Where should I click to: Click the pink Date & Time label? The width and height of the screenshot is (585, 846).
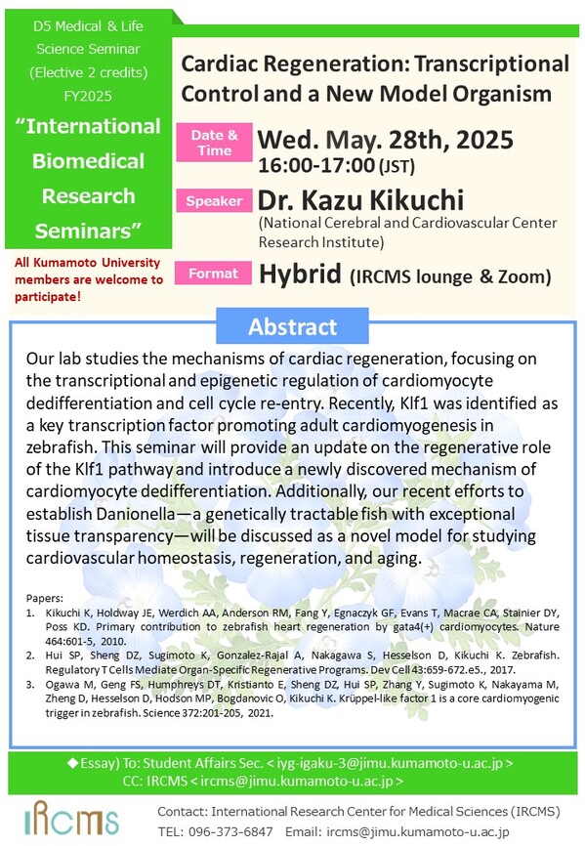pos(212,142)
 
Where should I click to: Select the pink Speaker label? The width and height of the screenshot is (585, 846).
pos(212,201)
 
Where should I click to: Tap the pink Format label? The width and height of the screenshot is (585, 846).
pos(212,275)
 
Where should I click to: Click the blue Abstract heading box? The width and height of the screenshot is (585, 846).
pos(292,327)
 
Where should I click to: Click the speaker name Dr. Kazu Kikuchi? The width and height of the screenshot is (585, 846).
pos(362,201)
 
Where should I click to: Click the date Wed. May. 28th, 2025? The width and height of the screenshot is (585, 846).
pos(386,140)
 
